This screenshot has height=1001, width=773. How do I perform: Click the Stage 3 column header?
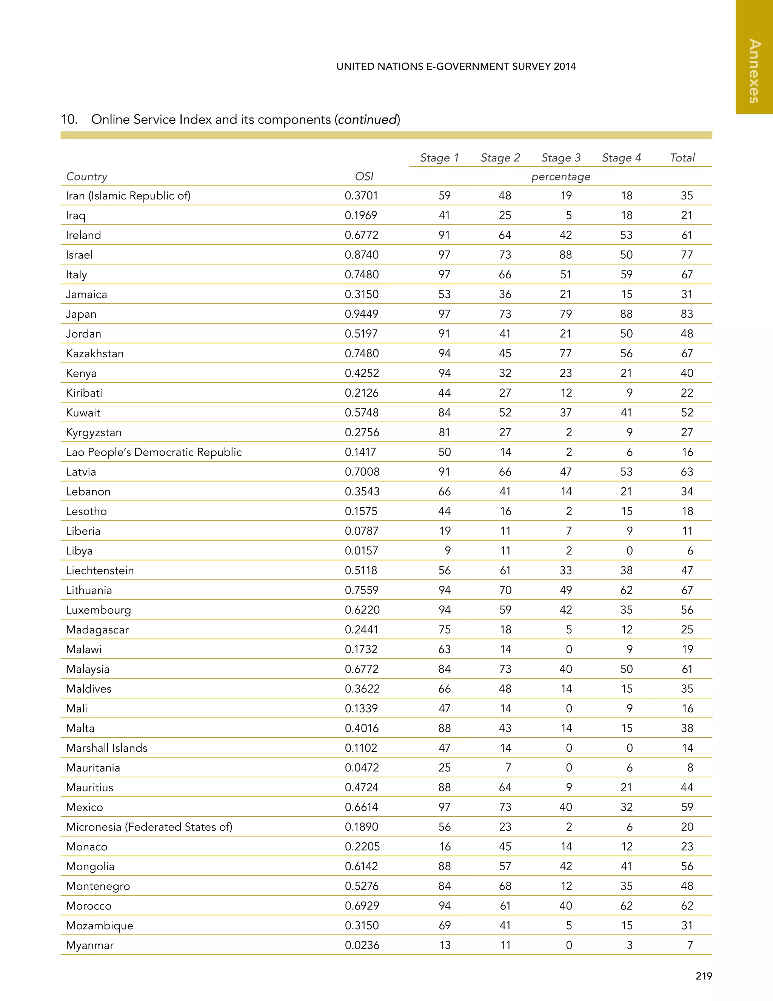click(x=561, y=158)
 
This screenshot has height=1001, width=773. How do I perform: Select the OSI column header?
click(x=364, y=176)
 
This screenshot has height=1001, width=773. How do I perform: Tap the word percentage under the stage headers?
click(x=561, y=176)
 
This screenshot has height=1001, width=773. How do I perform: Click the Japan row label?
click(x=81, y=314)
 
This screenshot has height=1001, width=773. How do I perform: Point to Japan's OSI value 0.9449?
click(x=362, y=314)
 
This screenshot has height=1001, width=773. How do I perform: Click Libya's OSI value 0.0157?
click(x=362, y=550)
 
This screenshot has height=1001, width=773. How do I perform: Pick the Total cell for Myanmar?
click(x=690, y=945)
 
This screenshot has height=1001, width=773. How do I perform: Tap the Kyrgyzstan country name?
click(x=94, y=432)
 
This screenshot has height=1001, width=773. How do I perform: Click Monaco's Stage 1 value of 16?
click(x=445, y=847)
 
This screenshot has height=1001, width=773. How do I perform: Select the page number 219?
click(x=704, y=976)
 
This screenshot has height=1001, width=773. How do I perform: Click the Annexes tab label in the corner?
click(x=754, y=71)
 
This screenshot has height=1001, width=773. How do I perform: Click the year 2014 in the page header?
click(x=564, y=66)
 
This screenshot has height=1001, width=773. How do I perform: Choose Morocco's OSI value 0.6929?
click(x=362, y=906)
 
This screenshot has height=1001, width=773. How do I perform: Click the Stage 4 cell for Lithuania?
click(x=626, y=590)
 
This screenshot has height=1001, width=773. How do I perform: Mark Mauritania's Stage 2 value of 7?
click(x=508, y=768)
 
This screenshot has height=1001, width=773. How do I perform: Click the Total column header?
click(x=682, y=158)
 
